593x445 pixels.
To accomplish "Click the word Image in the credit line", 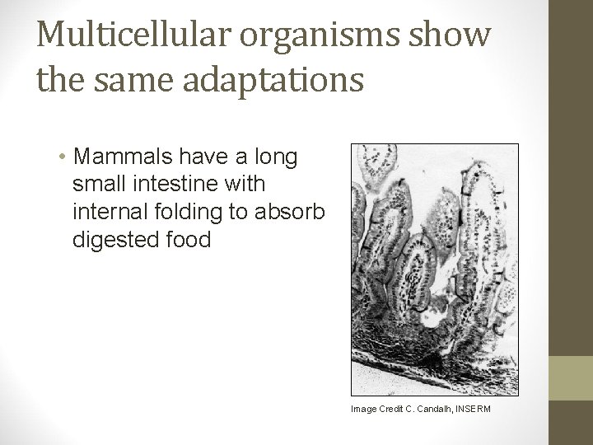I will pyautogui.click(x=362, y=408).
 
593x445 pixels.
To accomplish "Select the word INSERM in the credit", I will pyautogui.click(x=470, y=408).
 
